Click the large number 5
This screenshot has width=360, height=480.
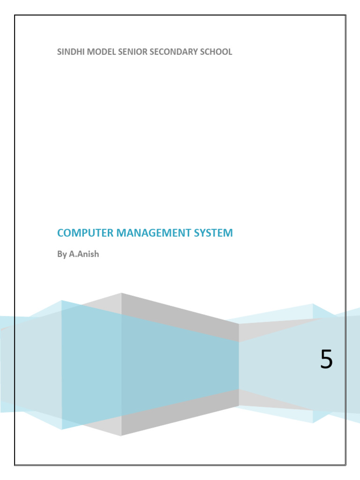(x=326, y=360)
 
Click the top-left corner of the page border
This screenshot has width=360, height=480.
(x=15, y=15)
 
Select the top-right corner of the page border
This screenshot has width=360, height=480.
(x=345, y=15)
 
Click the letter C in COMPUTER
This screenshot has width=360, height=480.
(x=60, y=233)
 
